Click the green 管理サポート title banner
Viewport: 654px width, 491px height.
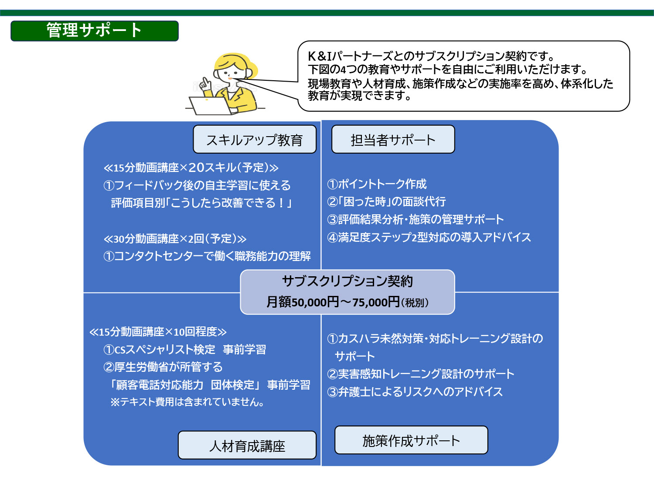tap(95, 31)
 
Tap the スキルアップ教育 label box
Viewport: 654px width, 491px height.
tap(255, 139)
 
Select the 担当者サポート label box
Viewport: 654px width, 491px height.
tap(393, 139)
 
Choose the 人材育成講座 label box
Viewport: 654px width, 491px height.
tap(247, 445)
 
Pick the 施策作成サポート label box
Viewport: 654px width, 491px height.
tap(411, 440)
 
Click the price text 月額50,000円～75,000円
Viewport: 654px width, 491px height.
tap(333, 302)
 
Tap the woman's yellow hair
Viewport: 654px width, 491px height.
tap(235, 62)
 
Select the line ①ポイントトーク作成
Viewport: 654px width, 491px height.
tap(377, 184)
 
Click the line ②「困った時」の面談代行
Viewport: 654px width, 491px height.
tap(386, 202)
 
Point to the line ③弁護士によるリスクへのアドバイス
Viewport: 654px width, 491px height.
tap(415, 392)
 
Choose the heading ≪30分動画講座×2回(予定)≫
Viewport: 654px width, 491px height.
tap(175, 239)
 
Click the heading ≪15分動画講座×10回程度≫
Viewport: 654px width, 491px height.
tap(158, 332)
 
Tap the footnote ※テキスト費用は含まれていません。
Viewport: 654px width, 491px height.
tap(187, 402)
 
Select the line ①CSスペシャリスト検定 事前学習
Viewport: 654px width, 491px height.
tap(185, 350)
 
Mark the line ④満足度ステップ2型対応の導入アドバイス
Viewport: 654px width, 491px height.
tap(429, 237)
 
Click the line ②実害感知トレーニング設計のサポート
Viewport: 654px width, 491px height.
tap(421, 374)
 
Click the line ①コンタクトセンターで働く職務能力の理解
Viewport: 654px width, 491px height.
tap(207, 256)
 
